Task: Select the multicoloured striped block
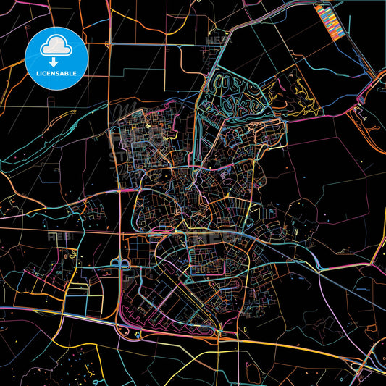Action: (329, 20)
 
